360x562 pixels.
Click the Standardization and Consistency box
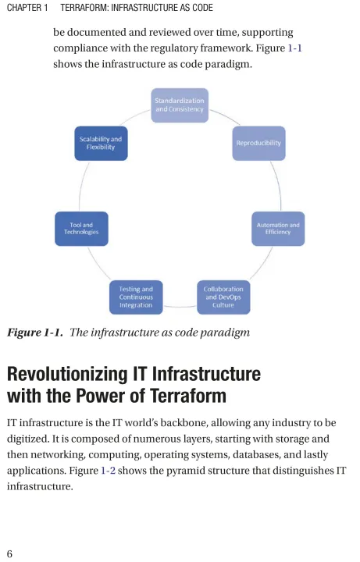[x=180, y=105]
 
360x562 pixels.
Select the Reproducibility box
[x=259, y=143]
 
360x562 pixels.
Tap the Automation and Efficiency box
[x=278, y=229]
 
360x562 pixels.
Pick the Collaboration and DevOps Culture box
[x=223, y=297]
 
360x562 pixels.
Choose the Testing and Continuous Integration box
[x=136, y=297]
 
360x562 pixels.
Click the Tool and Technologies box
[x=81, y=229]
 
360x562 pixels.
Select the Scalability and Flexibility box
[x=101, y=143]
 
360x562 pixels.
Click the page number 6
[x=9, y=553]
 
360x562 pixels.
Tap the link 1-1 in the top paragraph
[x=294, y=48]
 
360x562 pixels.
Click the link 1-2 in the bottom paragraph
[x=109, y=470]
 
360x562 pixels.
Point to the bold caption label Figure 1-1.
[x=35, y=333]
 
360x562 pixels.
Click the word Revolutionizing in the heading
[x=67, y=374]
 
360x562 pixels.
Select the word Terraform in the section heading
[x=188, y=396]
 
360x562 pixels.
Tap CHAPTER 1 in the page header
[x=27, y=8]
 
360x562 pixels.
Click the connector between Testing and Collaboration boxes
[x=180, y=307]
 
